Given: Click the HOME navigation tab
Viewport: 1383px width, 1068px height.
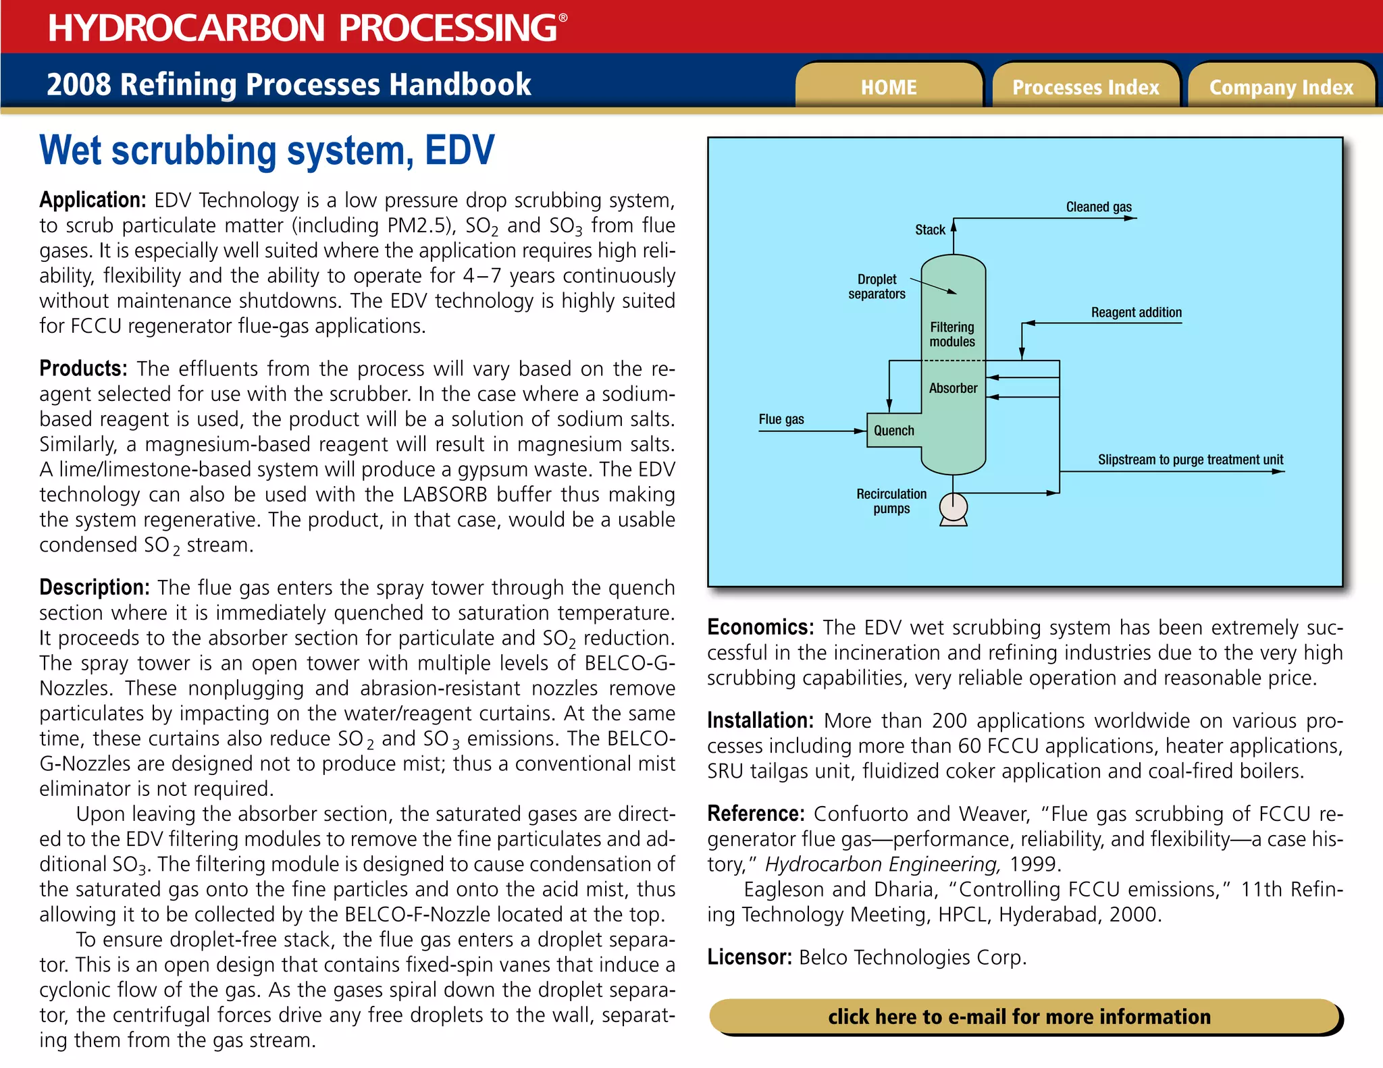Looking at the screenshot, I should click(x=888, y=87).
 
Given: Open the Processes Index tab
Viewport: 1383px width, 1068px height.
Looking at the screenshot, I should click(x=1085, y=87).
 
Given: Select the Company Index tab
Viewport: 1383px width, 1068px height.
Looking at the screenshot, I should click(x=1281, y=87).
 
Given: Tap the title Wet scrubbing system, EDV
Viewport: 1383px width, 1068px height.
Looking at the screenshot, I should click(x=267, y=151).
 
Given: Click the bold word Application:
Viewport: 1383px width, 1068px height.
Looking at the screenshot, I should click(x=93, y=200).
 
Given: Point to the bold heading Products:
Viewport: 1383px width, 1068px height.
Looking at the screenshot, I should click(x=83, y=369).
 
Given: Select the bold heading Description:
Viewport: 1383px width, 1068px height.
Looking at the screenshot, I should click(x=94, y=587).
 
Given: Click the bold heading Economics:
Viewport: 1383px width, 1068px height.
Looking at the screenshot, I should click(x=760, y=627).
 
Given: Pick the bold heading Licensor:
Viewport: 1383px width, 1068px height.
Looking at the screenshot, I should click(x=749, y=957).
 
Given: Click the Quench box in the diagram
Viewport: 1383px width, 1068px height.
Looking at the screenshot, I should click(x=894, y=431).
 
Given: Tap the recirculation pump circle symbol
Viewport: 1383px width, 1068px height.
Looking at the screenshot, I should click(x=953, y=506).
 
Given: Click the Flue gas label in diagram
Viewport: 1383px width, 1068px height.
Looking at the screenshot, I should click(x=781, y=419).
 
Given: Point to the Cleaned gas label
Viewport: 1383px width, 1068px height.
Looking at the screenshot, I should click(x=1099, y=207).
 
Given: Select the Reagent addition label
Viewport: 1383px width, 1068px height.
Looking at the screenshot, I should click(x=1137, y=312).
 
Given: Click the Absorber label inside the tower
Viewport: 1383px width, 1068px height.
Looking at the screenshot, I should click(x=953, y=388).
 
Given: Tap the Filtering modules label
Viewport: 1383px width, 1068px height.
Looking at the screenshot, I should click(x=952, y=334).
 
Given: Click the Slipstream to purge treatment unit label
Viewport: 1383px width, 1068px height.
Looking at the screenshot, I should click(x=1190, y=460).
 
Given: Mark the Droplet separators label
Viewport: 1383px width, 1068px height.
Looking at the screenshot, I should click(x=877, y=286).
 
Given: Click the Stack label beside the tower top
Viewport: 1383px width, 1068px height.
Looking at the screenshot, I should click(x=930, y=230).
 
